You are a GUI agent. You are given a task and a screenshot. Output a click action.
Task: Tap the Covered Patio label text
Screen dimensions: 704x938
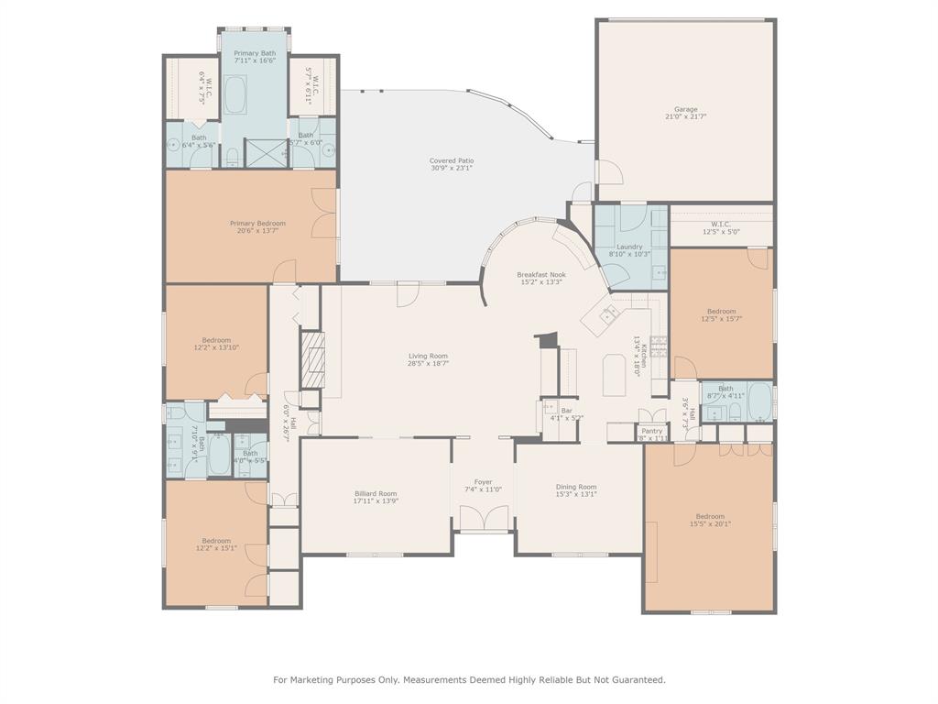pos(452,161)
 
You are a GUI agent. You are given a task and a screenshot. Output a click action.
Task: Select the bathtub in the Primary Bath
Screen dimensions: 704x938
pos(236,93)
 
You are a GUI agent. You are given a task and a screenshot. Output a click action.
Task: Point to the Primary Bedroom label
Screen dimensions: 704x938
pos(257,223)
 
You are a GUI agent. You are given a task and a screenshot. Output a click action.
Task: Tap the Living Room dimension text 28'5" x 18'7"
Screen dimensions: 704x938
pos(428,364)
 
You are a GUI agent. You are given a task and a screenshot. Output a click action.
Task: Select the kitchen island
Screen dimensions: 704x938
pos(614,375)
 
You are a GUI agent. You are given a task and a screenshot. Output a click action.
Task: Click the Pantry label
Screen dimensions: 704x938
pos(651,431)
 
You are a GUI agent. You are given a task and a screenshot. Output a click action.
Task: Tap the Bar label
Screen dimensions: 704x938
pos(567,410)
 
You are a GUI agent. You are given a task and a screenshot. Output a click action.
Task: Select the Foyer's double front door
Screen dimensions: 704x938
pos(483,518)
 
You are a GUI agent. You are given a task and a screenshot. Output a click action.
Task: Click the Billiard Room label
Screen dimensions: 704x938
pos(376,493)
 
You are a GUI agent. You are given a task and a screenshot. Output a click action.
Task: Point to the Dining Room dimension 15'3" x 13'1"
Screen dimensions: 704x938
pos(576,494)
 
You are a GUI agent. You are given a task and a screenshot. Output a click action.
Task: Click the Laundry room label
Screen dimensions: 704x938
pos(629,247)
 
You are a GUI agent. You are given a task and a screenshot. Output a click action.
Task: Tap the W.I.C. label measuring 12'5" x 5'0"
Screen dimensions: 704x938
pos(720,231)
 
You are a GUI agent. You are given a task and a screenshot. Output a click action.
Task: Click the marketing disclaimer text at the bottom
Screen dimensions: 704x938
pos(469,679)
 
